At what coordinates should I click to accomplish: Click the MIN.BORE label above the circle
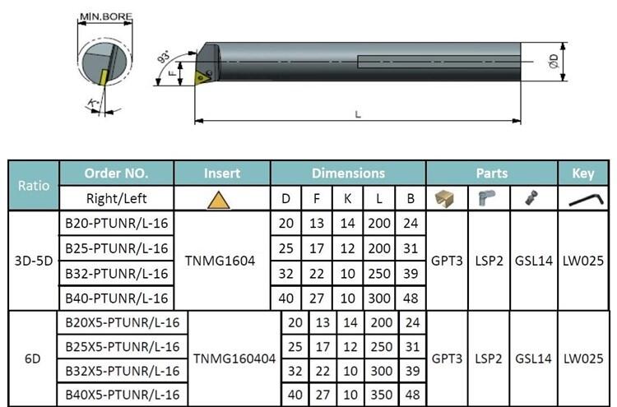pos(106,16)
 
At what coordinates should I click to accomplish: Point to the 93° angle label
pos(164,57)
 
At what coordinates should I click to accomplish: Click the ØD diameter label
pos(554,61)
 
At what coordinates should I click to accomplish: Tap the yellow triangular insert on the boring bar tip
pos(202,77)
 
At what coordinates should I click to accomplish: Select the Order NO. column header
pos(117,173)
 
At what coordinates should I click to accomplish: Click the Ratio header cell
pos(34,185)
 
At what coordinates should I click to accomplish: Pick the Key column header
pos(582,173)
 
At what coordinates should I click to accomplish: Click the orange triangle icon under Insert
pos(219,200)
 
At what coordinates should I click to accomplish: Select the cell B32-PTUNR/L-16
pos(117,273)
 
